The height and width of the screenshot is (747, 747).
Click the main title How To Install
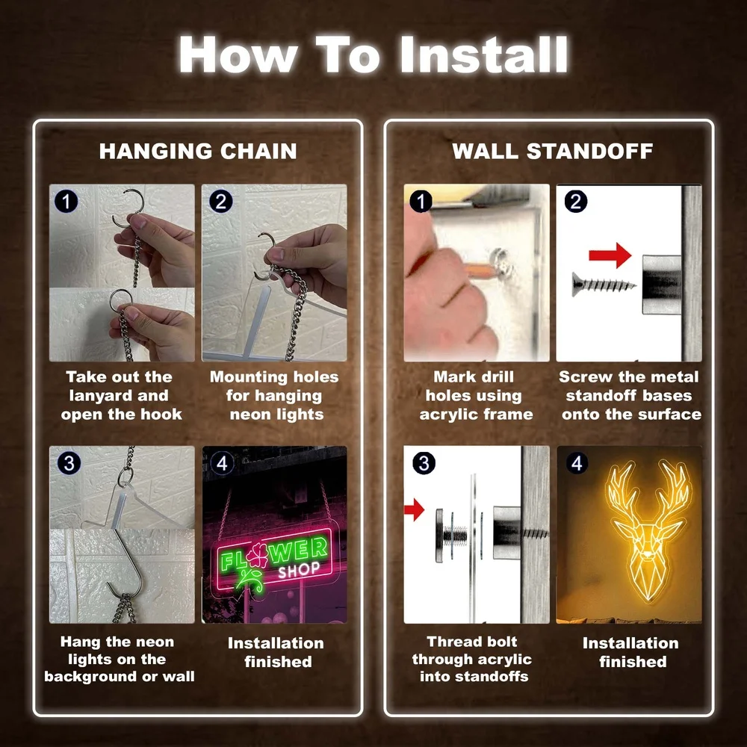tap(373, 55)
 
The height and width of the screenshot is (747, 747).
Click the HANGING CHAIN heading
tap(198, 151)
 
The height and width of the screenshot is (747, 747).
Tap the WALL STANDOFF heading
tap(552, 151)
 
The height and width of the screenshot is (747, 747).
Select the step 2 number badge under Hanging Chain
tap(220, 202)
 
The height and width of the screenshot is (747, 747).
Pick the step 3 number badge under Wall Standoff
tap(424, 462)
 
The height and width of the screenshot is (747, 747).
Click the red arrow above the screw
tap(610, 255)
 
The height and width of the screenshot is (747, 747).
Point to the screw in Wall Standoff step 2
tap(604, 285)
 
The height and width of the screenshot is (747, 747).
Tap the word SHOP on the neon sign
tap(300, 570)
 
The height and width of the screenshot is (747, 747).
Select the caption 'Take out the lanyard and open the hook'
tap(121, 395)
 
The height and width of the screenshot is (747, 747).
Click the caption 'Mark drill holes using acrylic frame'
tap(475, 395)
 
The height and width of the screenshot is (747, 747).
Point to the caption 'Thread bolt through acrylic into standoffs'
tap(471, 659)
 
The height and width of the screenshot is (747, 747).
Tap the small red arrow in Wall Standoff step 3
tap(414, 509)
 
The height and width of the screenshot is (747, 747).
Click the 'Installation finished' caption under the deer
tap(630, 652)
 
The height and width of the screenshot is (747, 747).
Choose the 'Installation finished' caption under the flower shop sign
tap(276, 652)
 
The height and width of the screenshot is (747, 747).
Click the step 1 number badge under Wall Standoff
tap(421, 202)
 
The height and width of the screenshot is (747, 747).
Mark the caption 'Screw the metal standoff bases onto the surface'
tap(630, 395)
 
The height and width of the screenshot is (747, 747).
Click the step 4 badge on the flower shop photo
tap(222, 462)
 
